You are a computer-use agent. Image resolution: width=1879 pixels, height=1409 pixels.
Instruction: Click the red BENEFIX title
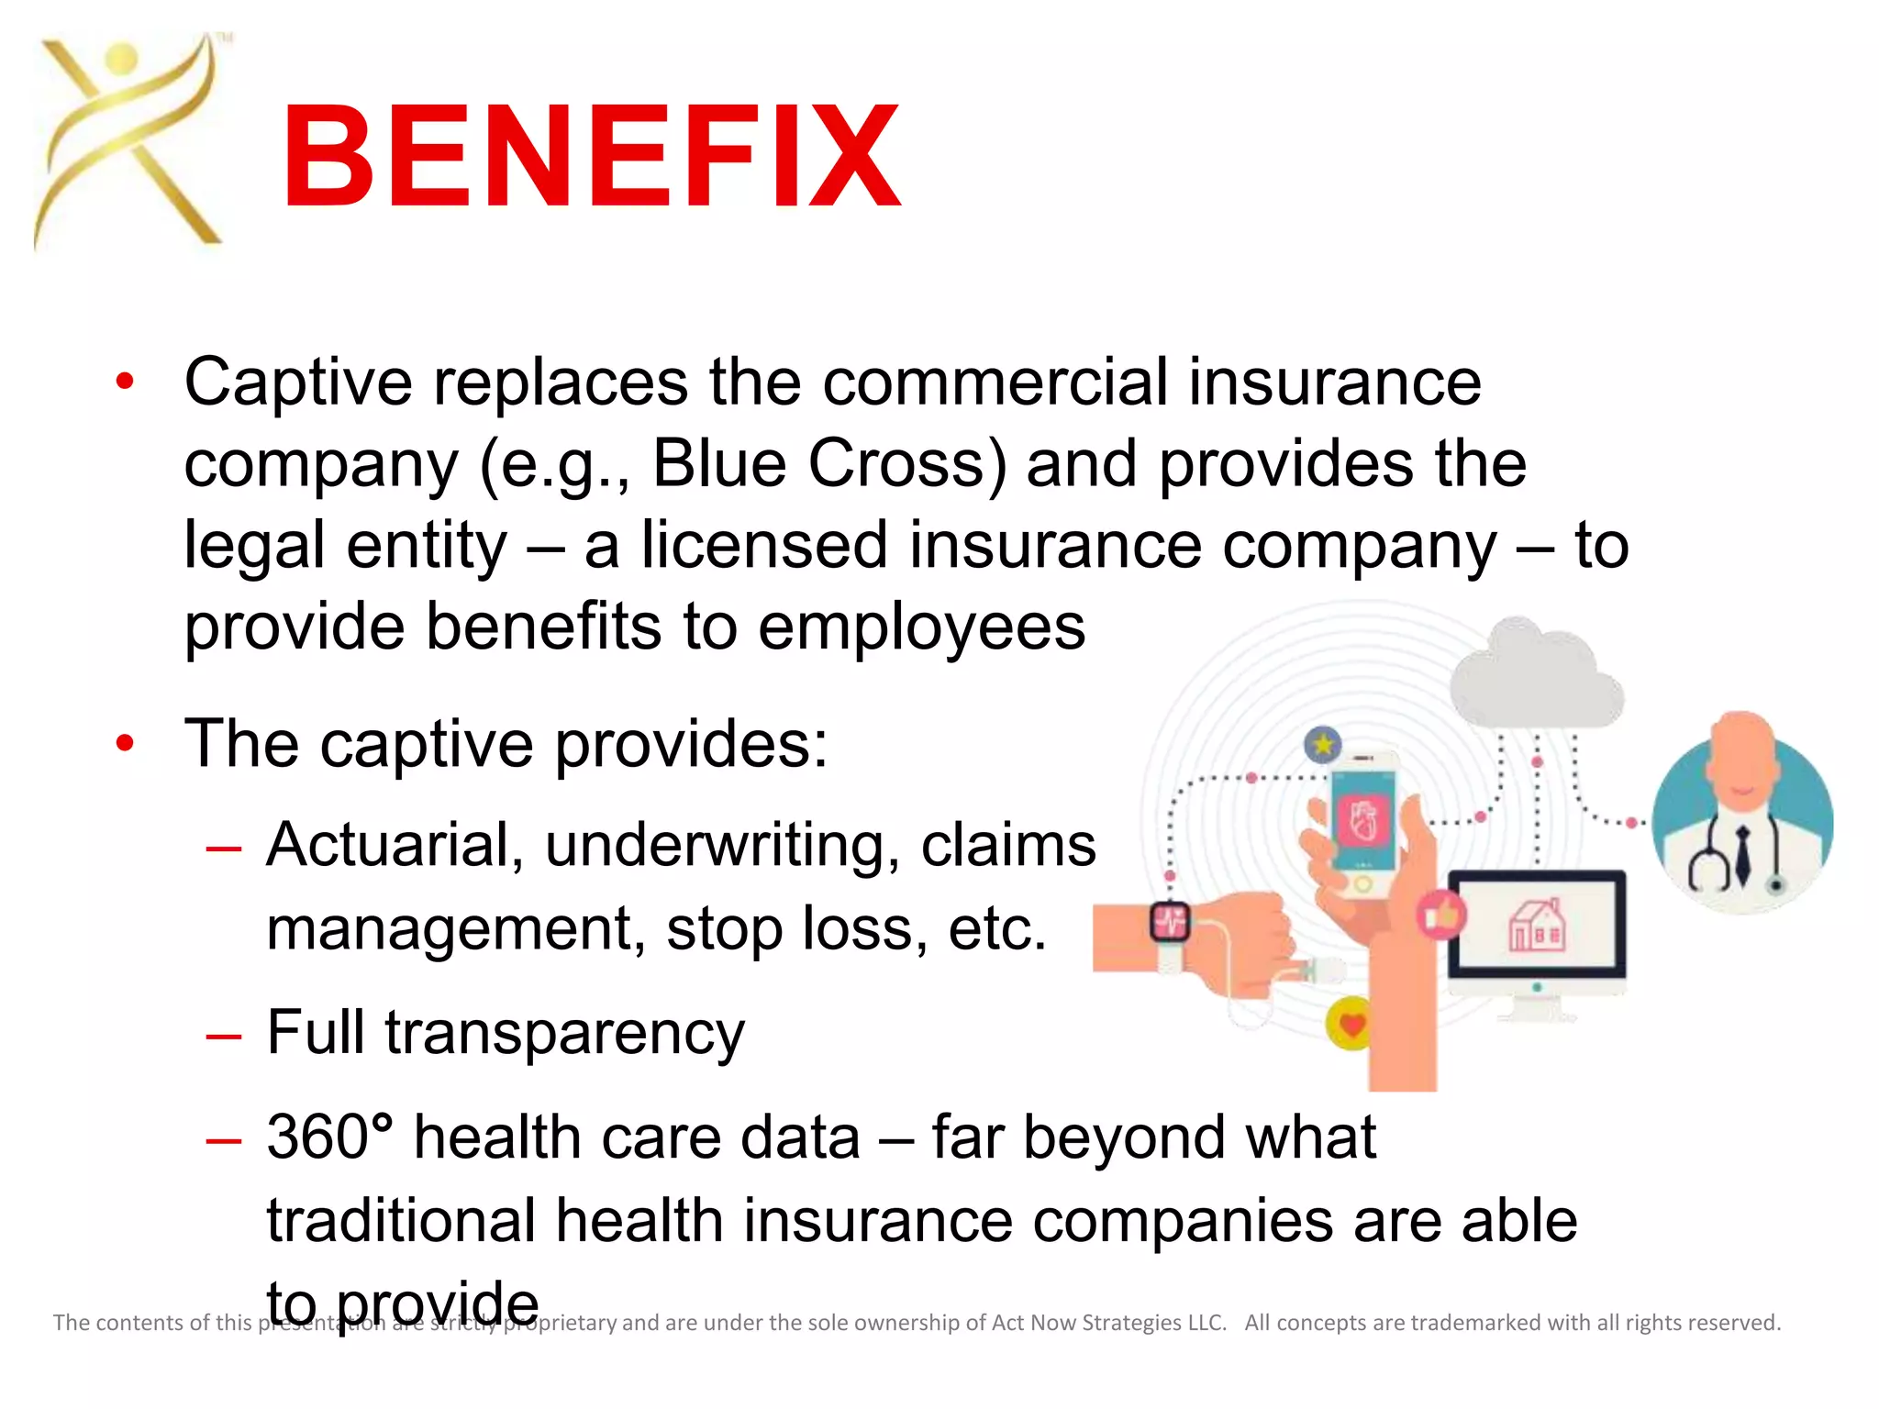592,156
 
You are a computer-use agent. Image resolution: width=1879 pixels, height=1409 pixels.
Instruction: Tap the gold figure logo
128,142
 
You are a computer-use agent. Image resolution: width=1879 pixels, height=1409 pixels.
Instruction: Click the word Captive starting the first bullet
298,382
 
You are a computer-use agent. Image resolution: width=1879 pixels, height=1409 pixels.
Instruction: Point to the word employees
922,627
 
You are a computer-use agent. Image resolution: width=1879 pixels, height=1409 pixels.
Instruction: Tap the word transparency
564,1034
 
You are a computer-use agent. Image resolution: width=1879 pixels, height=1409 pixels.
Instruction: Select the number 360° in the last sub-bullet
330,1137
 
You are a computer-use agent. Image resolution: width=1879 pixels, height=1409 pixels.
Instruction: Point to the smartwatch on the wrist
1171,922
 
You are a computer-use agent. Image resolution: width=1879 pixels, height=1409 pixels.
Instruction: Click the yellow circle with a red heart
1351,1024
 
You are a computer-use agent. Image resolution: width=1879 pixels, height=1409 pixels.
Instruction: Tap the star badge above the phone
1323,744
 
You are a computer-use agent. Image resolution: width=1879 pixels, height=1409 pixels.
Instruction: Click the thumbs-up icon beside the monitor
1441,915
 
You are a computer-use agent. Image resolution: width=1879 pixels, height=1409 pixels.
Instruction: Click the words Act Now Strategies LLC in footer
1108,1323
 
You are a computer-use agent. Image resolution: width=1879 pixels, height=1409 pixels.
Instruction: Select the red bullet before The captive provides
126,744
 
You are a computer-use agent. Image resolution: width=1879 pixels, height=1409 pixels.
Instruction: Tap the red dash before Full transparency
224,1037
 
